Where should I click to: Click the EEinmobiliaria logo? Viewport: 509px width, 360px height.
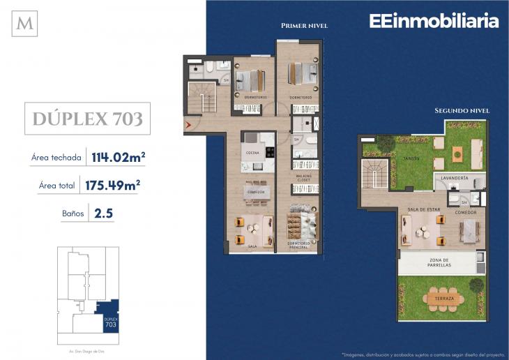(433, 21)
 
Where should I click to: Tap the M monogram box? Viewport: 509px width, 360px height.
(26, 24)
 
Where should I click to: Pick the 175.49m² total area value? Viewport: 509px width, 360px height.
(113, 185)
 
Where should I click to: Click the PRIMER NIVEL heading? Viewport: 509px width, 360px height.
(304, 26)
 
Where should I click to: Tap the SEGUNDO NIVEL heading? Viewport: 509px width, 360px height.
(462, 110)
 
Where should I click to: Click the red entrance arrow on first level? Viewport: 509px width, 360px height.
(188, 126)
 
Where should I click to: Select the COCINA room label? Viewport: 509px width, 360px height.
(252, 153)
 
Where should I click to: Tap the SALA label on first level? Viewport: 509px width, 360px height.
(252, 246)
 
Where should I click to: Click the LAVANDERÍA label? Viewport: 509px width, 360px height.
(455, 179)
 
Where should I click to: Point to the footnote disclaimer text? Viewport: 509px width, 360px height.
(421, 353)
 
